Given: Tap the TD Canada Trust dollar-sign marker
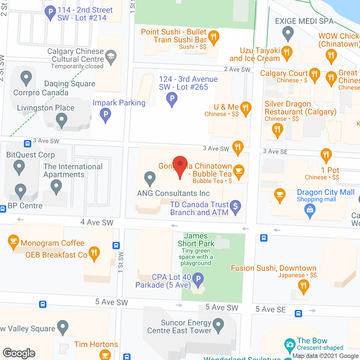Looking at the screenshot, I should point(235,207).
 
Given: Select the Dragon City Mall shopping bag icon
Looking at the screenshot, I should point(310,210).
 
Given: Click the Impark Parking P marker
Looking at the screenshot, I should point(105,115).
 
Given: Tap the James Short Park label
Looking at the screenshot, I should point(196,240).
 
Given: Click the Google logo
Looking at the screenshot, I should point(19,353).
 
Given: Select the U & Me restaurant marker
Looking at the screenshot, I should point(246,108).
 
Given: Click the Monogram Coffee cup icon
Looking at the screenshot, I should point(13,241).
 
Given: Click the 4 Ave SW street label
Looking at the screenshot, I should point(97,222).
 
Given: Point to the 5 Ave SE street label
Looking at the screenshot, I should point(270,309).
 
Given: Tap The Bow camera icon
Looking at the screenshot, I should point(290,345).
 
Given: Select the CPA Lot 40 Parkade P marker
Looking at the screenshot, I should point(198,279).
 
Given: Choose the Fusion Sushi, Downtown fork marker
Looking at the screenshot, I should point(303,286).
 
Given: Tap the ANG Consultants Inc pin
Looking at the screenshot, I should point(150,178).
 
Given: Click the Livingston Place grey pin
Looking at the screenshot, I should point(61,120).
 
